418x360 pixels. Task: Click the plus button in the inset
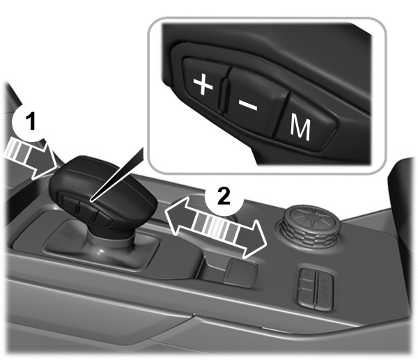point(201,86)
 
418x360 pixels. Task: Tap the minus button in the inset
point(248,103)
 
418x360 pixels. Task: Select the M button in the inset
point(300,126)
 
